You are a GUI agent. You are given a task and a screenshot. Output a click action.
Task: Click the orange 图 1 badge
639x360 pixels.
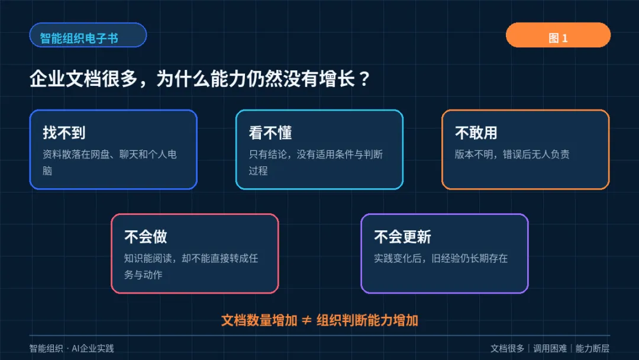coord(558,35)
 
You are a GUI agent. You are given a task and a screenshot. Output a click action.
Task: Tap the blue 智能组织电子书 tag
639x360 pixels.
coord(88,35)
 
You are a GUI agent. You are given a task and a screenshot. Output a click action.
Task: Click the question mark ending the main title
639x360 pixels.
coord(365,78)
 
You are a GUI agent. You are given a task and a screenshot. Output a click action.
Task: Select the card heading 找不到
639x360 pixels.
coord(64,133)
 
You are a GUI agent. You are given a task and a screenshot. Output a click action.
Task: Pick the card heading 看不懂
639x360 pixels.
coord(270,133)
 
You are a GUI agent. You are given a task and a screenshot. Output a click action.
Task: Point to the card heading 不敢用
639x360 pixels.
coord(476,133)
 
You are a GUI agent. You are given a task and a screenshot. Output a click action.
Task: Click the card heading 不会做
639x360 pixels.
coord(146,236)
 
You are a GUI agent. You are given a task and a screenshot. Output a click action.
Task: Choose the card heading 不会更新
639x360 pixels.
coord(403,236)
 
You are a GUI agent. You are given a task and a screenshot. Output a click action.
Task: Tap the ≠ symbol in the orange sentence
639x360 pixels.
coord(306,320)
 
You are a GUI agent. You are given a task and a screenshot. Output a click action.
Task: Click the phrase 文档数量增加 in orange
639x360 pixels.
coord(259,320)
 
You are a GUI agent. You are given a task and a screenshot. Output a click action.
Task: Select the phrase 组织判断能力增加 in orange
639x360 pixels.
coord(367,320)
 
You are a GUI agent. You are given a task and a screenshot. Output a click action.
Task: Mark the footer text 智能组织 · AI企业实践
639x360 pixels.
coord(72,348)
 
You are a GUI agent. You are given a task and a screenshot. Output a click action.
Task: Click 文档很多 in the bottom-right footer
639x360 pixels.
coord(507,348)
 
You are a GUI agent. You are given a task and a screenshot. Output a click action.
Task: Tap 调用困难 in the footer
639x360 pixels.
coord(550,348)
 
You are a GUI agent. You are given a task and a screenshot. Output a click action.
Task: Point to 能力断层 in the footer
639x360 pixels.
coord(592,348)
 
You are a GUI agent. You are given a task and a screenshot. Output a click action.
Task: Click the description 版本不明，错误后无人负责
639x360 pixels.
coord(512,154)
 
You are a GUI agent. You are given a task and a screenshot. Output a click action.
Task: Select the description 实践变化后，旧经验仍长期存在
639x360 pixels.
coord(441,258)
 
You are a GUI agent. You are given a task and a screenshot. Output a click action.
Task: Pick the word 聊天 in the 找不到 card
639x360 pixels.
coord(128,154)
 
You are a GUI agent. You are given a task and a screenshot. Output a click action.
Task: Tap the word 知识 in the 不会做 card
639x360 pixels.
coord(134,258)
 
